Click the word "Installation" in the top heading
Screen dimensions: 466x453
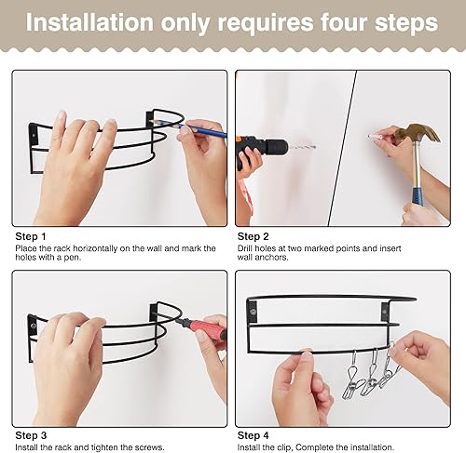(x=89, y=22)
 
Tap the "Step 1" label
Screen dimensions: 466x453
(x=31, y=236)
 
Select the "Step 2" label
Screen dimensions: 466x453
(x=254, y=236)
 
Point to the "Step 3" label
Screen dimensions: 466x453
(x=31, y=435)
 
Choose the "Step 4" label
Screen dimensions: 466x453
(x=254, y=435)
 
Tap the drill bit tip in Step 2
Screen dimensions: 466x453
(x=314, y=146)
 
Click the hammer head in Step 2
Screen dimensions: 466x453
(x=418, y=133)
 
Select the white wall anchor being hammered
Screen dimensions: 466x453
(x=375, y=136)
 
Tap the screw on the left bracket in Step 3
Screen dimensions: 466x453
(x=33, y=326)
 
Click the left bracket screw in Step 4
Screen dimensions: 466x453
(x=254, y=312)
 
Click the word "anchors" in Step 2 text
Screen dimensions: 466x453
(x=271, y=258)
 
